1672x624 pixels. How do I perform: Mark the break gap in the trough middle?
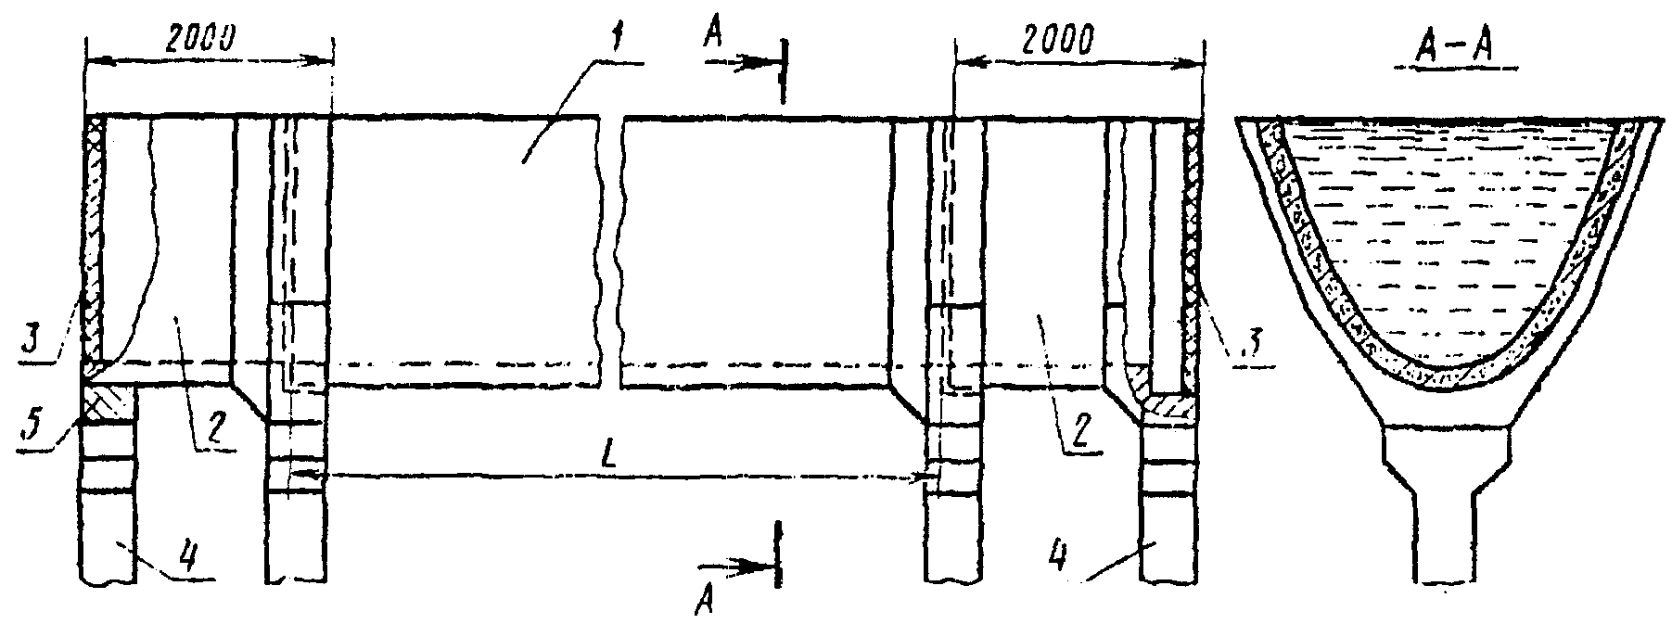[x=610, y=250]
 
